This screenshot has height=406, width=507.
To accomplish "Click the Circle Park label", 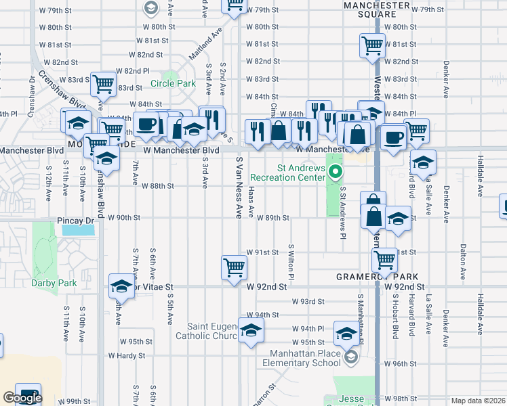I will [173, 84].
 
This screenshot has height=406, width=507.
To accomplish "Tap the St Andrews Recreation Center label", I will [287, 173].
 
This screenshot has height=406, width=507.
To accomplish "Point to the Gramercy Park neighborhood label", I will [374, 277].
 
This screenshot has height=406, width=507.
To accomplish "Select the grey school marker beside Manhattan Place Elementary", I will [350, 357].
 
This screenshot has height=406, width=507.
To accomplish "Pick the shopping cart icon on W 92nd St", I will [234, 267].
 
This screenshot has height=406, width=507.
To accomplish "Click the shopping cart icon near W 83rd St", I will [104, 84].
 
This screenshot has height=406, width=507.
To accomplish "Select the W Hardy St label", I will [126, 355].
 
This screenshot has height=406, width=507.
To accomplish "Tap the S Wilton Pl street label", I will [291, 263].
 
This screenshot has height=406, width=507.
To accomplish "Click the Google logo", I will [22, 399].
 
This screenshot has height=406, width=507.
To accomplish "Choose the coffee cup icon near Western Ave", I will [392, 138].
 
